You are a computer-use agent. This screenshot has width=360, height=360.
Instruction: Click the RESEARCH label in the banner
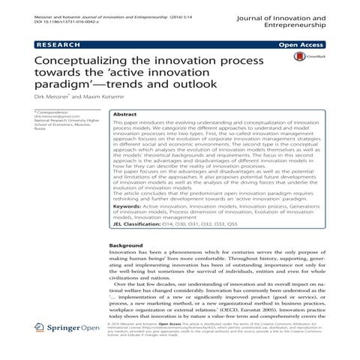click(x=52, y=45)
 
